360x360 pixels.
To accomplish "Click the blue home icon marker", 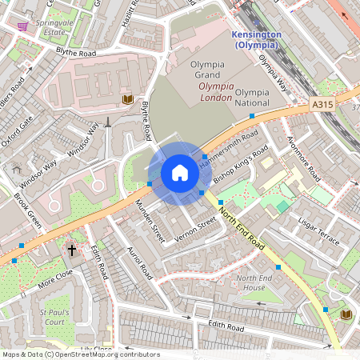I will (180, 173).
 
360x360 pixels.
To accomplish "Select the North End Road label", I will (243, 228).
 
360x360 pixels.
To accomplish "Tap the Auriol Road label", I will (128, 259).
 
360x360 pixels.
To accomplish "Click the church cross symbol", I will (72, 250).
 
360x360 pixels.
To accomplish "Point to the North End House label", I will (250, 282).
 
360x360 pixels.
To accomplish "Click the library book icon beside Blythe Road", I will (127, 98).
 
